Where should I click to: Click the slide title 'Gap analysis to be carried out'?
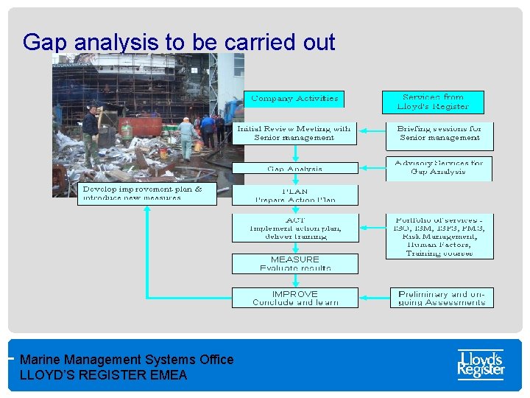point(179,42)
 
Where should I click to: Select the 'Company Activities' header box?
point(294,98)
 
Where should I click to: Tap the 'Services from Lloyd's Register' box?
point(433,102)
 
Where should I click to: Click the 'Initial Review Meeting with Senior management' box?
point(294,133)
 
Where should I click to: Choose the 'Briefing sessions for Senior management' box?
point(439,133)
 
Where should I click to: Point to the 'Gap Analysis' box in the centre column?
point(294,168)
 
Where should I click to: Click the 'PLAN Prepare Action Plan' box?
point(294,195)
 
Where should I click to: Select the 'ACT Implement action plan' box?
point(294,227)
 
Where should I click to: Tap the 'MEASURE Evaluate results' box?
point(294,263)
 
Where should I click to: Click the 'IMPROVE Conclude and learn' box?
point(294,298)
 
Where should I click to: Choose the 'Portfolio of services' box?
point(439,236)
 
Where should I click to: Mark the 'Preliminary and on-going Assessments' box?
point(442,298)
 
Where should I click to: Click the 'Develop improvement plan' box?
point(146,194)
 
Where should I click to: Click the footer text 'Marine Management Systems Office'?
point(127,360)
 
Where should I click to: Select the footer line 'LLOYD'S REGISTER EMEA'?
point(103,375)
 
